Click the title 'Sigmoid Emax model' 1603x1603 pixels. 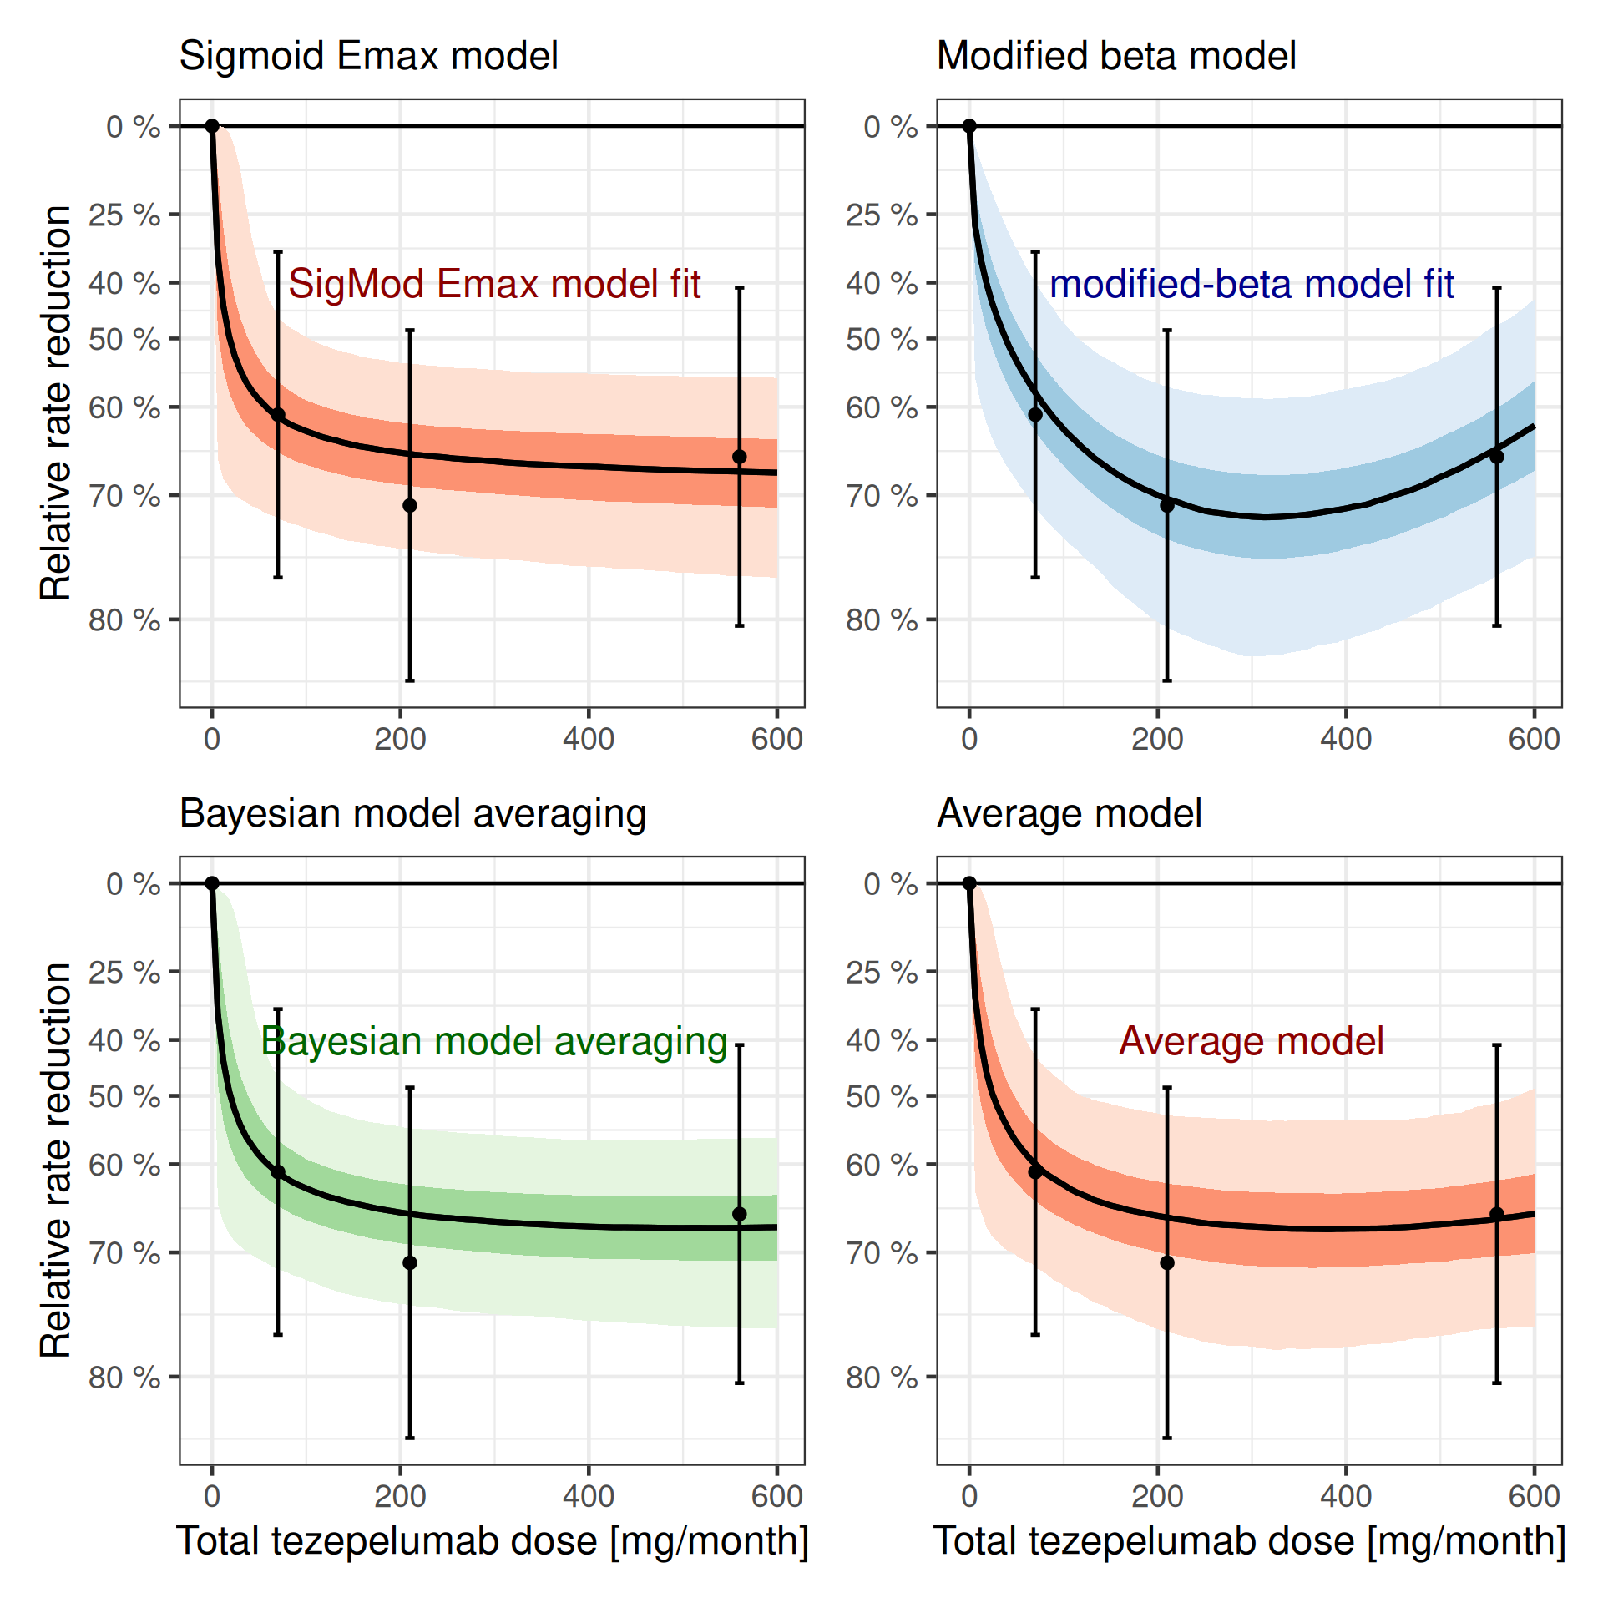368,57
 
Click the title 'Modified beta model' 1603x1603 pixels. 1115,57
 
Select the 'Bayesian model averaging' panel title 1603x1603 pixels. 412,813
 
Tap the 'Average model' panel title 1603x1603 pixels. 1069,813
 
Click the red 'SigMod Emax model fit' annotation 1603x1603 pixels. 494,284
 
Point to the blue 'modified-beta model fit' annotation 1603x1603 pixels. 1251,284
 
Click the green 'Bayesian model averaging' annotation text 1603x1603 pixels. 494,1041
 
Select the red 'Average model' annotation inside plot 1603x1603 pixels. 1251,1041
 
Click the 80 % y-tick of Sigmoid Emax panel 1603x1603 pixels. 125,620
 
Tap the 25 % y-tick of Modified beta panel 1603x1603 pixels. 882,215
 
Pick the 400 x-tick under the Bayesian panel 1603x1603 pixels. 589,1496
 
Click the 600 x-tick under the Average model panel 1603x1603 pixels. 1534,1496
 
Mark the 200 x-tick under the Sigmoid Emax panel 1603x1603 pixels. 400,739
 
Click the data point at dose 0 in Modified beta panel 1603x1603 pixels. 969,126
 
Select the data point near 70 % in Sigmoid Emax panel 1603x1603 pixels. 410,505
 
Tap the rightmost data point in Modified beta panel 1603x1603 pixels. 1497,457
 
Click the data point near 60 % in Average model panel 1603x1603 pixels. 1035,1171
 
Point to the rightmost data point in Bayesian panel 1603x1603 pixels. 740,1214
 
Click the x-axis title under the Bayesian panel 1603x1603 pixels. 493,1541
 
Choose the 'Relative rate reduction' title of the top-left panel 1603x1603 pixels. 56,402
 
